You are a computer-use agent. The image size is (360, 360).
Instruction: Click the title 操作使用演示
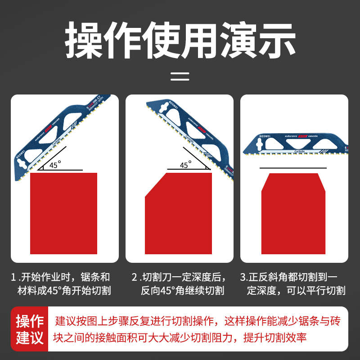tap(180, 40)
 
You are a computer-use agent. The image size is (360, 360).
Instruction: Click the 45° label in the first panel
tap(54, 165)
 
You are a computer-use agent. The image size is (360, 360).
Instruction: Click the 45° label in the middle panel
tap(185, 165)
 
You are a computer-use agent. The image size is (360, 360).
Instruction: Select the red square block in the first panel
tap(63, 214)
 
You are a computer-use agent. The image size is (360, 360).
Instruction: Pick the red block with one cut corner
tap(178, 214)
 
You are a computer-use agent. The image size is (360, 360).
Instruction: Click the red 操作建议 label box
tap(30, 329)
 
